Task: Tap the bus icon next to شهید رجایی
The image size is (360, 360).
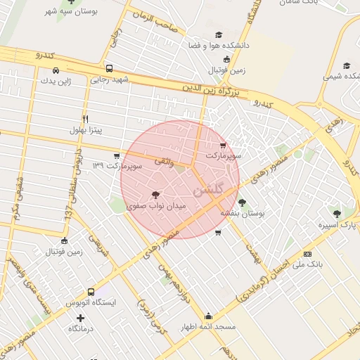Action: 109,69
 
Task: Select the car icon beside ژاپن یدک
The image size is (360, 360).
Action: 56,70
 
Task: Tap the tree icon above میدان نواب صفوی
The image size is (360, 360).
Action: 155,195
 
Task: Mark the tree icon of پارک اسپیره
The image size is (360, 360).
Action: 337,213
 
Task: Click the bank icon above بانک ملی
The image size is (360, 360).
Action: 307,254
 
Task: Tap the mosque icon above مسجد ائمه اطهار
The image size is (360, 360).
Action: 208,316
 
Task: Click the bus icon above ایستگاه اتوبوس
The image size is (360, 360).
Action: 90,292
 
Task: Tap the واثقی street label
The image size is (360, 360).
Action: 162,162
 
